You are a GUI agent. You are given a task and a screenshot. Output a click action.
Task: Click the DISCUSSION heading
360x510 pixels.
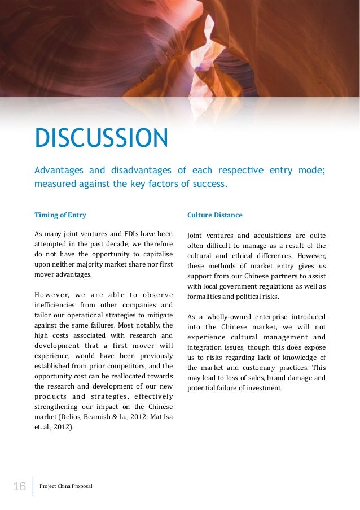pos(101,139)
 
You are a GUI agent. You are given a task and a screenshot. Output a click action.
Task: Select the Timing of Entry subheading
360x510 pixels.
pos(60,215)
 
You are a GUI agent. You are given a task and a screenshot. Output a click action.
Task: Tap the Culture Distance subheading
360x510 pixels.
pos(214,215)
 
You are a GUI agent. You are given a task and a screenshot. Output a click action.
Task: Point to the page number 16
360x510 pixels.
pos(19,486)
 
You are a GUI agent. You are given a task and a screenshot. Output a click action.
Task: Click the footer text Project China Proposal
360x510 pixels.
pos(66,486)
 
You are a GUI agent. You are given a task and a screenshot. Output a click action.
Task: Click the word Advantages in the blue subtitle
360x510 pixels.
pos(59,171)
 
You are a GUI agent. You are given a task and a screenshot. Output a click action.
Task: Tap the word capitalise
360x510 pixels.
pos(155,254)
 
